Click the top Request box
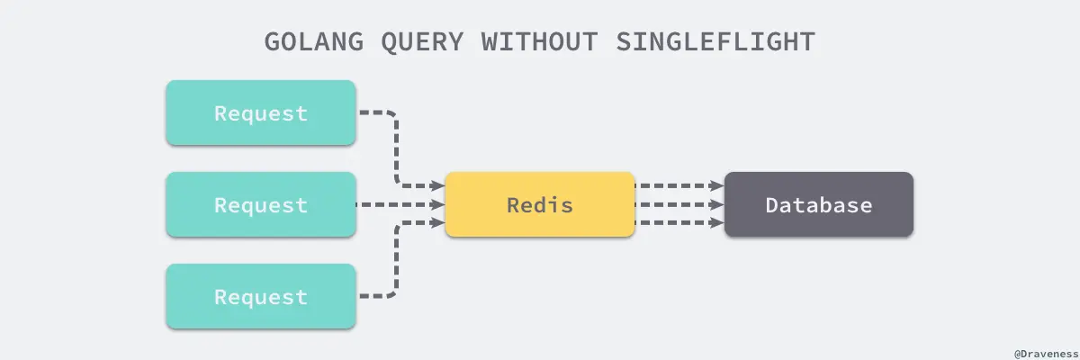point(261,113)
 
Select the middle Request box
point(261,205)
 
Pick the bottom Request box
point(261,297)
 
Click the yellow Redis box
point(540,205)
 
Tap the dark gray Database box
point(819,205)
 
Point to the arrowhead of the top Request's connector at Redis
point(439,187)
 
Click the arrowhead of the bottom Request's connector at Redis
point(439,222)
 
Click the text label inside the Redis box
point(540,205)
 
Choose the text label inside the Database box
point(819,205)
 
